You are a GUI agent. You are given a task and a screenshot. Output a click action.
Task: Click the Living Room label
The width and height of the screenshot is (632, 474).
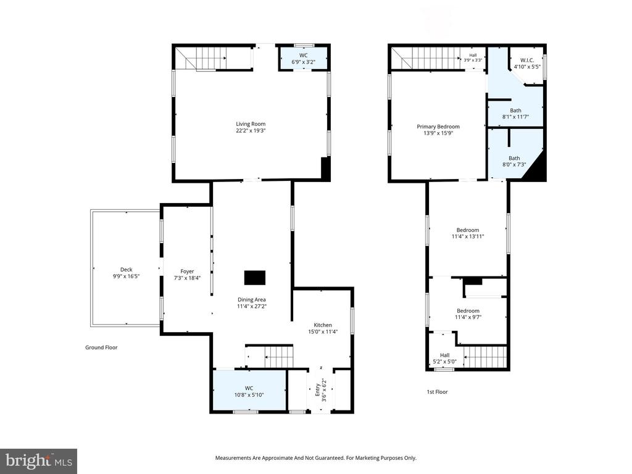click(250, 123)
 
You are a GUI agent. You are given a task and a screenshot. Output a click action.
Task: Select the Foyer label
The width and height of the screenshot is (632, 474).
click(187, 271)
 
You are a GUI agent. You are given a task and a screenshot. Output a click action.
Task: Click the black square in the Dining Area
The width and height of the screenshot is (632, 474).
click(254, 278)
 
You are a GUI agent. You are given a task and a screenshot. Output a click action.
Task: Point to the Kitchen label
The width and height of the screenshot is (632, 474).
click(323, 325)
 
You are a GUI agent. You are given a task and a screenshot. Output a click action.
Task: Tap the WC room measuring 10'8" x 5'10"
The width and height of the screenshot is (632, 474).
click(249, 391)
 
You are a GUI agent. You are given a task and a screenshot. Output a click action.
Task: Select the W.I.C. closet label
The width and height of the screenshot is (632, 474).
click(526, 60)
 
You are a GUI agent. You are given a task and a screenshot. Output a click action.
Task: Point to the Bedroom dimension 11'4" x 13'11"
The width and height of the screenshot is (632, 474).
click(467, 236)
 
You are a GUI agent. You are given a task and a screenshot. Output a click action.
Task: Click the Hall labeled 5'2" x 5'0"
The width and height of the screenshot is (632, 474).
click(444, 359)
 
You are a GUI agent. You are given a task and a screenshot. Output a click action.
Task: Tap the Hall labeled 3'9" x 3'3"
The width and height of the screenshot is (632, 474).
click(473, 57)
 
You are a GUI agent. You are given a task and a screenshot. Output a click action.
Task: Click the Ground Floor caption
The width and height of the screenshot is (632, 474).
click(101, 347)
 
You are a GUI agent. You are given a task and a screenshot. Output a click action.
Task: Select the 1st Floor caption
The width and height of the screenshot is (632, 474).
click(437, 391)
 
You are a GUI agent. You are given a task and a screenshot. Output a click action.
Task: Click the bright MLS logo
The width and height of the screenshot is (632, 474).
click(38, 460)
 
